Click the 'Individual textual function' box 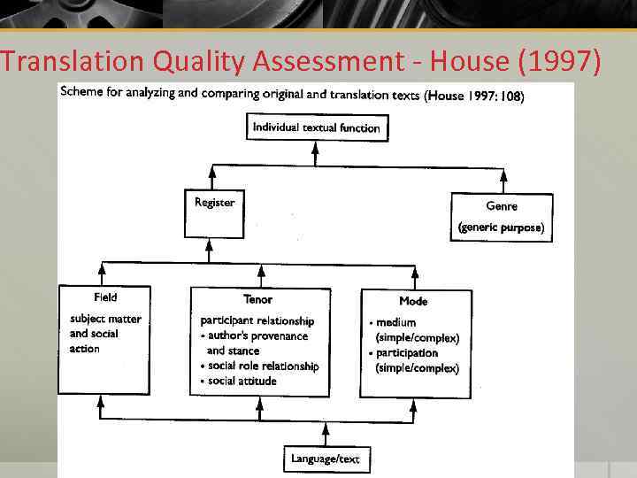[x=316, y=127]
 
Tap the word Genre [x=502, y=206]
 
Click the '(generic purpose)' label [x=502, y=227]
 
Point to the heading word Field [x=105, y=297]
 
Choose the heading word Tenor [x=257, y=299]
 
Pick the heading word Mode [x=413, y=301]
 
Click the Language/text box [x=326, y=459]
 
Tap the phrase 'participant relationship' [x=257, y=320]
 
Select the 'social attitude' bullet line [x=242, y=381]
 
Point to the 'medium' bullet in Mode [x=395, y=322]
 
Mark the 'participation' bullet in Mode [x=406, y=352]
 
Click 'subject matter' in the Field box [x=105, y=319]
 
